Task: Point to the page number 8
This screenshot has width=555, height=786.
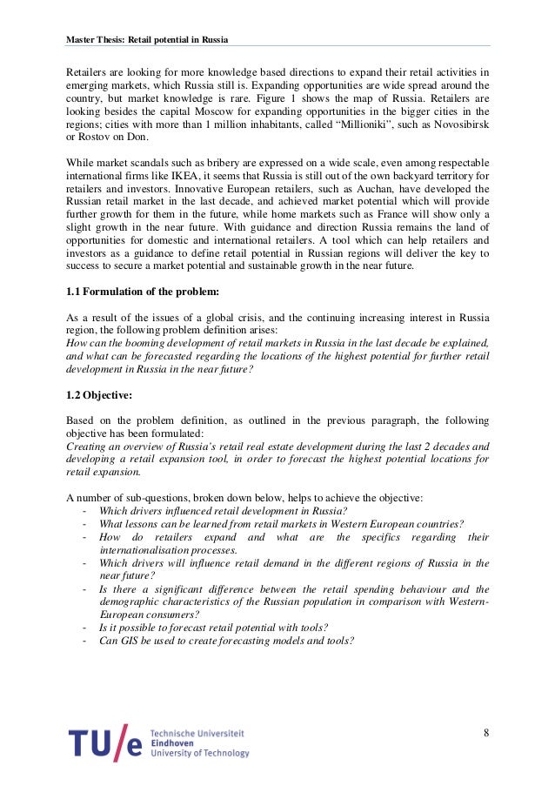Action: pyautogui.click(x=485, y=732)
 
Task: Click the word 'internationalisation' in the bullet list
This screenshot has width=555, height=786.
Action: pyautogui.click(x=146, y=550)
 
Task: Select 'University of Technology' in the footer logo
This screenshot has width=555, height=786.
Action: pyautogui.click(x=199, y=753)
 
